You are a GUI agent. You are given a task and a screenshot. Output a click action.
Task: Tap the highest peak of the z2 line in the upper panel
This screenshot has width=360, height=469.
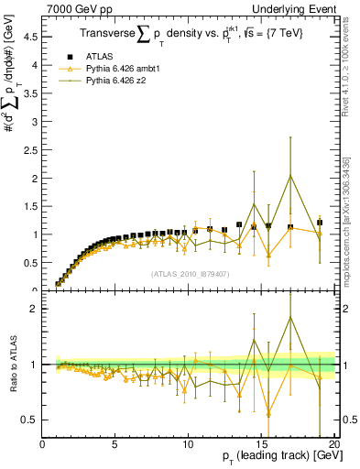coord(290,176)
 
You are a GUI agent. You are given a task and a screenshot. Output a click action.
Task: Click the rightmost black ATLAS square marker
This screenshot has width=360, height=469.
coord(320,223)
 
